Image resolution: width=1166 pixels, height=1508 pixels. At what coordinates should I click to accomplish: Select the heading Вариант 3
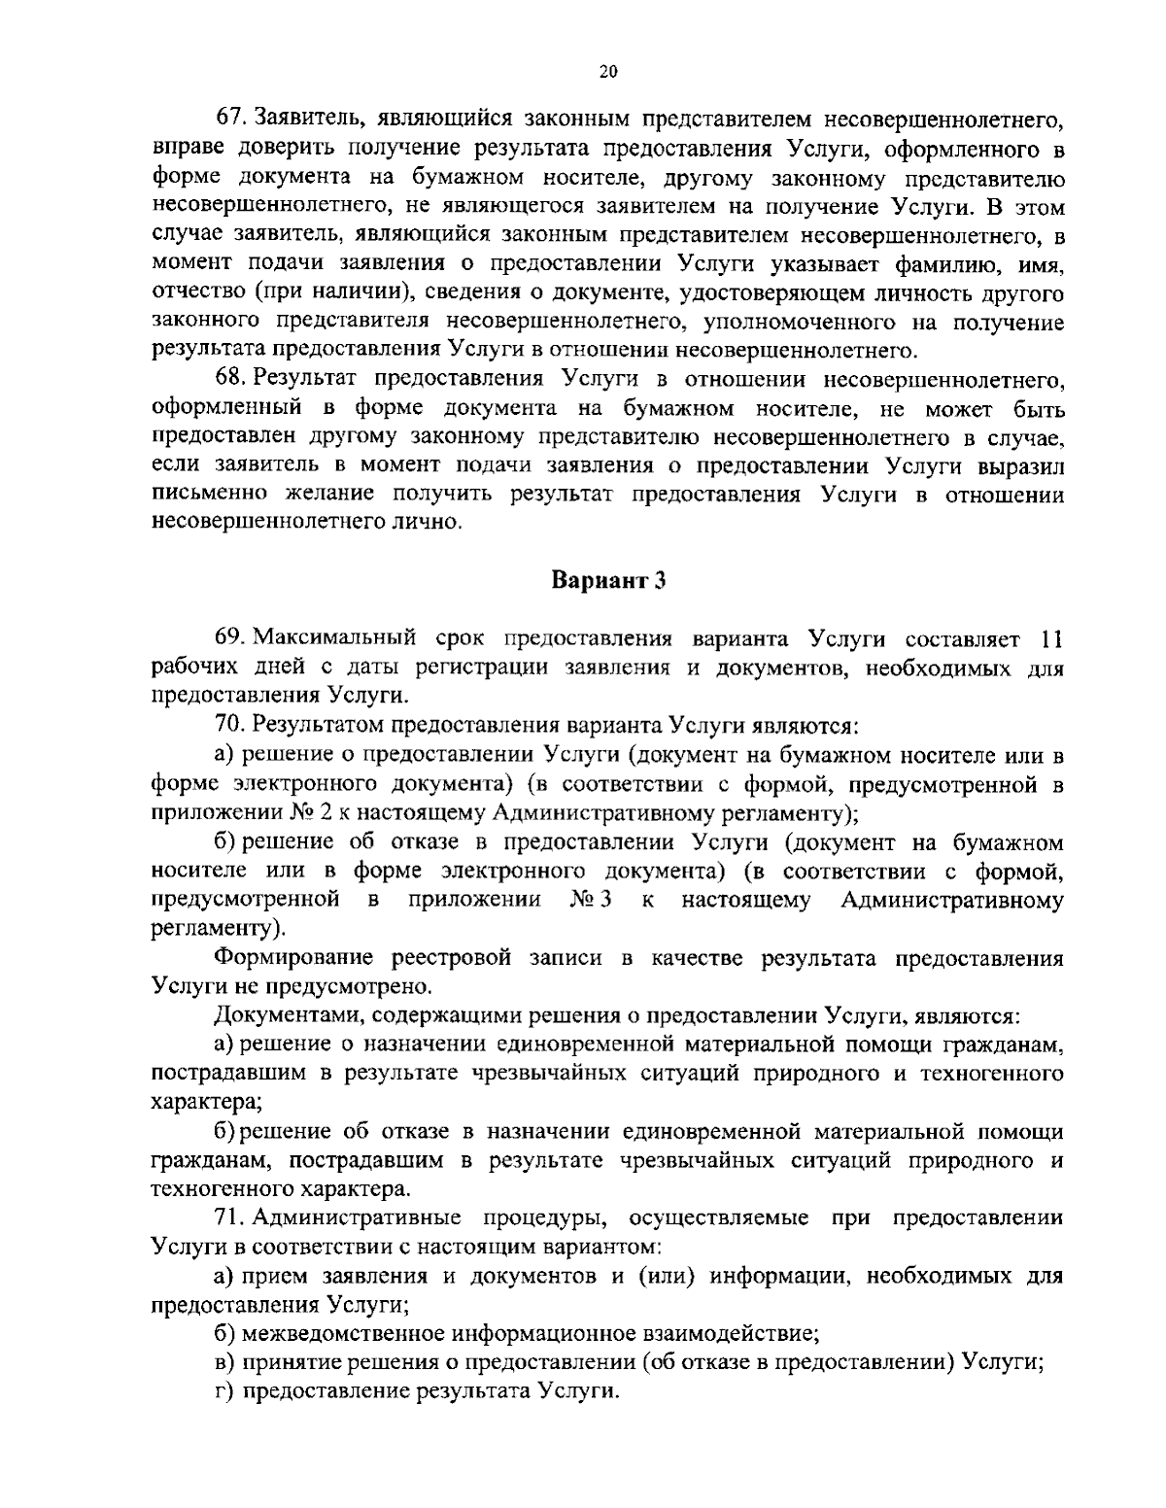[x=608, y=580]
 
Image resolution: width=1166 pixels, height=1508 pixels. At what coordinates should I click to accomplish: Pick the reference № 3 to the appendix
[x=591, y=899]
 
